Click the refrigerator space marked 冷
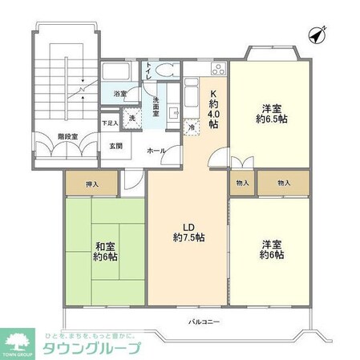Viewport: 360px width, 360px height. click(x=192, y=126)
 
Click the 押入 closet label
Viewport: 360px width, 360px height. click(x=91, y=184)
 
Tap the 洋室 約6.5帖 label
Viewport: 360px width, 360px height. click(x=269, y=115)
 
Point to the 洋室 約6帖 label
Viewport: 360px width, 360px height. click(x=269, y=249)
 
